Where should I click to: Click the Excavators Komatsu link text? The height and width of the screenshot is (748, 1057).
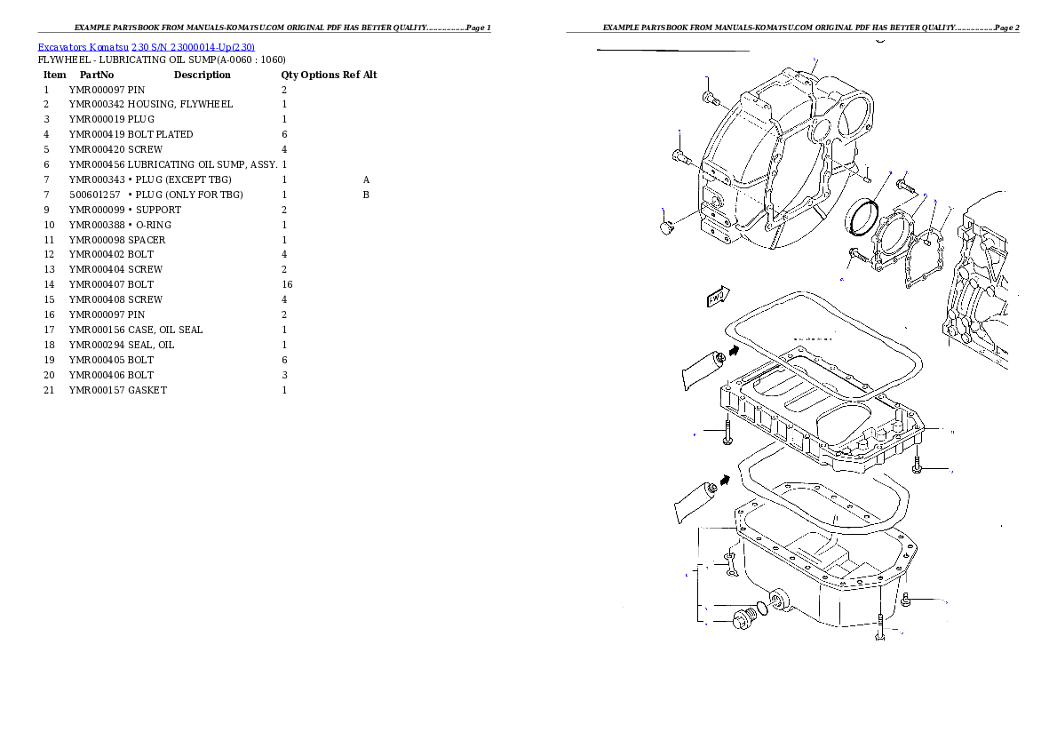pyautogui.click(x=146, y=47)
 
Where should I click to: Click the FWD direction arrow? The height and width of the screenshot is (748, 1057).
pyautogui.click(x=718, y=297)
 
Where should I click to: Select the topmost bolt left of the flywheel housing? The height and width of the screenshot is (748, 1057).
pyautogui.click(x=710, y=98)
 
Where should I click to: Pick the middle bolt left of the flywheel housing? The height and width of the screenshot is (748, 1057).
pyautogui.click(x=681, y=157)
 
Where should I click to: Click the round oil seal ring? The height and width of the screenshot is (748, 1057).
pyautogui.click(x=862, y=219)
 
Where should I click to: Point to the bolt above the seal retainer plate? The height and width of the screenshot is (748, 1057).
pyautogui.click(x=905, y=187)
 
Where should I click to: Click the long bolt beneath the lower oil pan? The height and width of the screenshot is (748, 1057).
pyautogui.click(x=878, y=627)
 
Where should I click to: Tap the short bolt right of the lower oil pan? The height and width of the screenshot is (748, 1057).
pyautogui.click(x=905, y=600)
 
